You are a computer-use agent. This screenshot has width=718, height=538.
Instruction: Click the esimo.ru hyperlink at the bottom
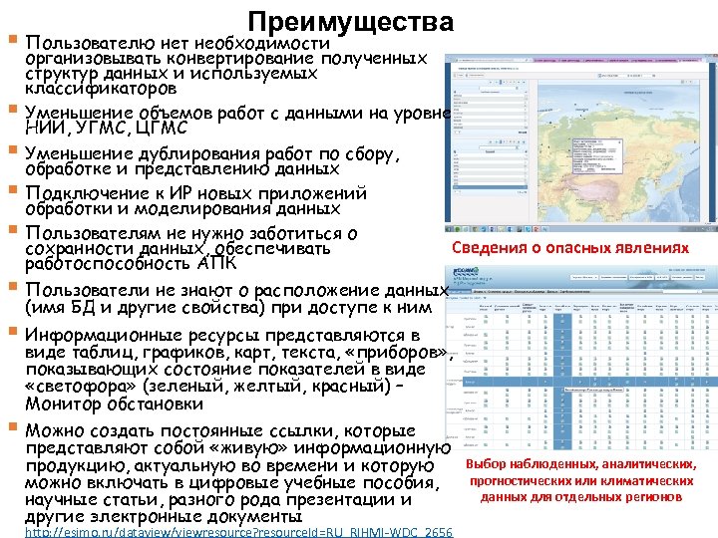pos(238,532)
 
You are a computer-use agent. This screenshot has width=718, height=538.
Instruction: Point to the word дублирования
pos(200,153)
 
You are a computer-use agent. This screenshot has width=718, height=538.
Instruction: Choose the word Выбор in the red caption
pos(486,464)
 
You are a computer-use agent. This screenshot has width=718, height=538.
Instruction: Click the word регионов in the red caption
pos(653,496)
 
